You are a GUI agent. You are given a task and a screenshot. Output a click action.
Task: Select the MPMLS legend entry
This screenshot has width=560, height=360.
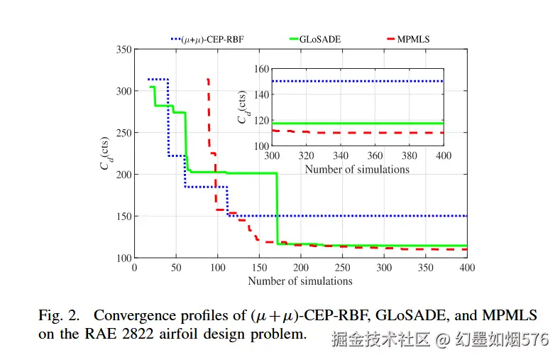click(x=412, y=40)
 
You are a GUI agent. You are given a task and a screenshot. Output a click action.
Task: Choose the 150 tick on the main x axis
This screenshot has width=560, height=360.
click(x=259, y=268)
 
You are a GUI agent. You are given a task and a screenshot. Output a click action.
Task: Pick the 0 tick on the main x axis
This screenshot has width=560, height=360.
click(x=135, y=268)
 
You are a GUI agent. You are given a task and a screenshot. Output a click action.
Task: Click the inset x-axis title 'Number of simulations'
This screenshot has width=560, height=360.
click(x=357, y=170)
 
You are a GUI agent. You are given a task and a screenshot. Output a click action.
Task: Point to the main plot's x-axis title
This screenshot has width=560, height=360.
click(x=300, y=281)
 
